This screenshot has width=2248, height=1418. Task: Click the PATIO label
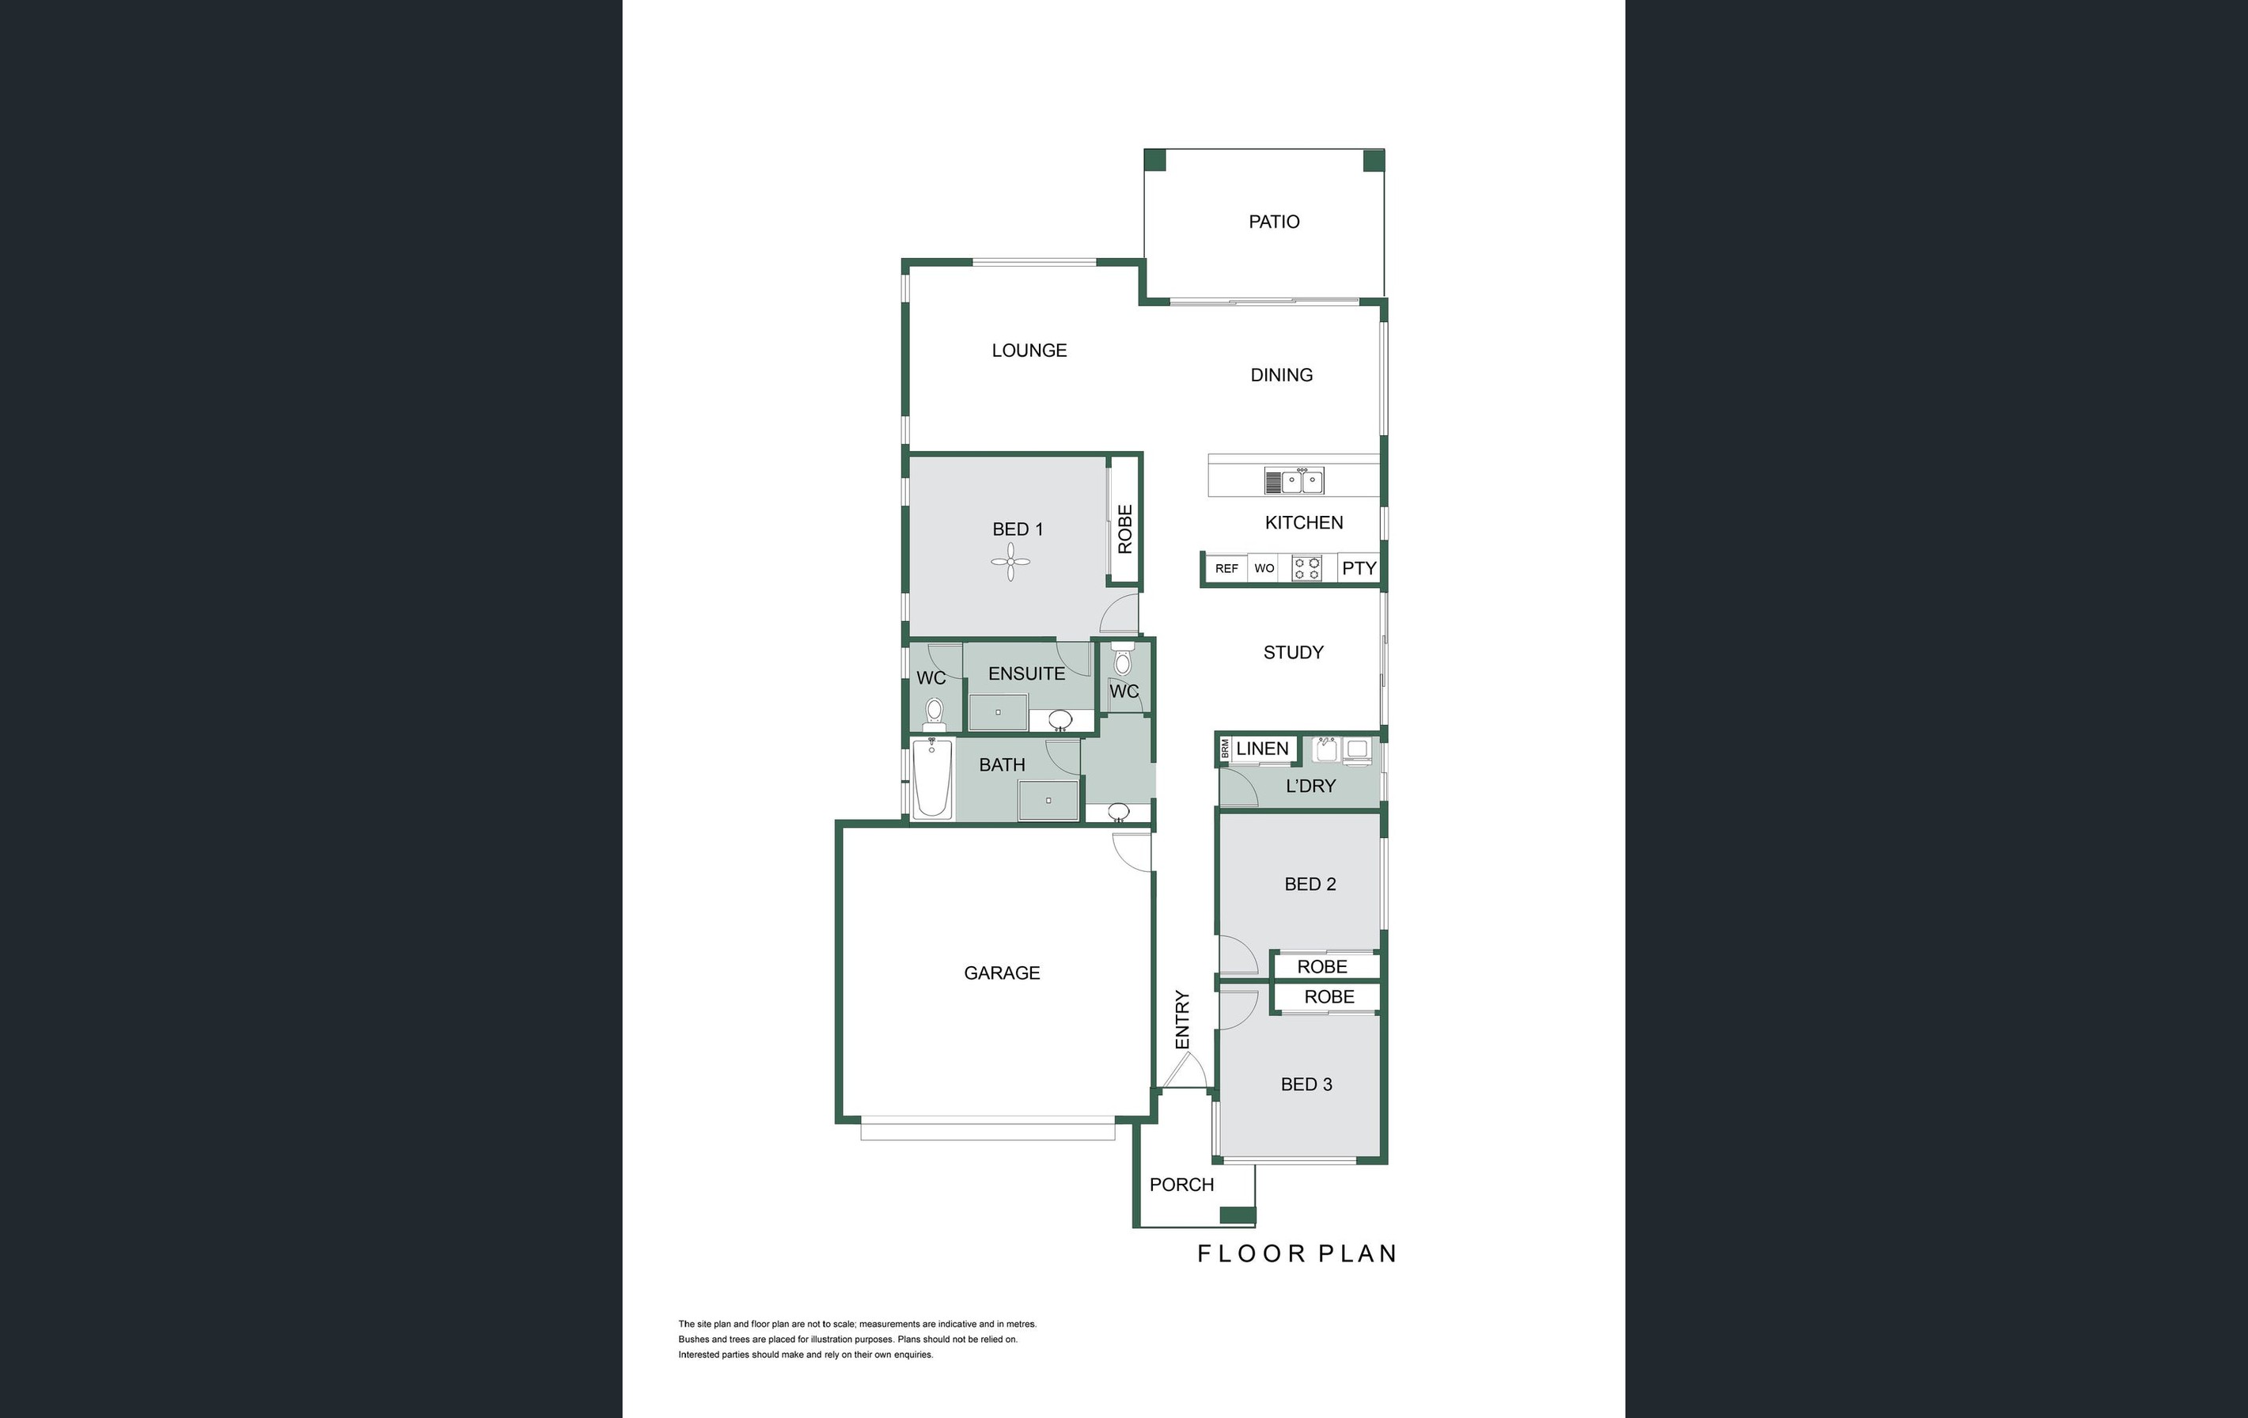1273,222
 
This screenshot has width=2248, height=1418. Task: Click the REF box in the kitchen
1226,568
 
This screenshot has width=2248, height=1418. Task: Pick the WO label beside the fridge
1264,568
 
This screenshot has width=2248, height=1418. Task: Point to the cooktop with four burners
1306,568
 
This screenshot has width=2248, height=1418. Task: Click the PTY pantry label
1359,567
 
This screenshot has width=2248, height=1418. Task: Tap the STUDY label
1293,653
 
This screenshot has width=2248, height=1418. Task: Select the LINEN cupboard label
1261,749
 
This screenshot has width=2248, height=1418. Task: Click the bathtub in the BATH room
931,778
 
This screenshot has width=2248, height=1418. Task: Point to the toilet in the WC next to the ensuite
934,714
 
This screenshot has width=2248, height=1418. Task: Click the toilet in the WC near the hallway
1123,664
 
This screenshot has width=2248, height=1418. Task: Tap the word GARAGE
1002,973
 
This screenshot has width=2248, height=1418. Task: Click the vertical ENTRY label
1182,1019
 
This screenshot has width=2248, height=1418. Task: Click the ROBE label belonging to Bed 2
1322,966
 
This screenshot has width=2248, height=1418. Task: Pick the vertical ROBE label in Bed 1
1125,529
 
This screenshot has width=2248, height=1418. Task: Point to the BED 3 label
1306,1084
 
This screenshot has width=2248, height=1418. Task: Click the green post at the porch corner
1237,1215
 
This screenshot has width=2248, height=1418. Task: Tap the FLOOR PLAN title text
1297,1253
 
